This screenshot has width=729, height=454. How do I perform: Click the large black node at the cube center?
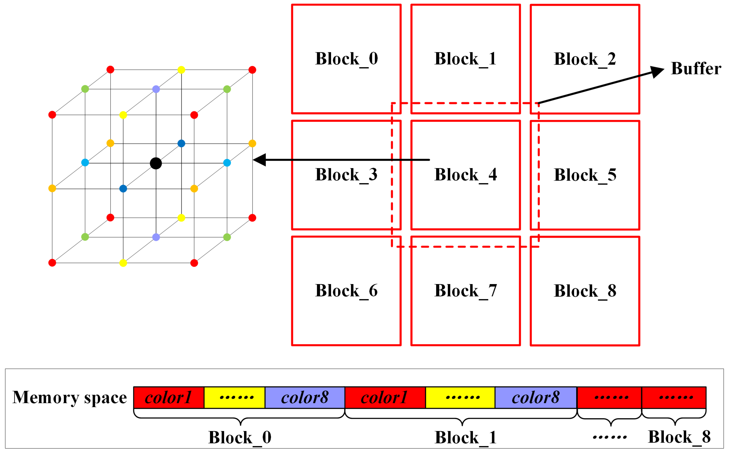[x=156, y=163]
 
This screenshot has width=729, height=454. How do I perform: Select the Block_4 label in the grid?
[x=465, y=175]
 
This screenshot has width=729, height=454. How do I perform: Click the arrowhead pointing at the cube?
[x=260, y=160]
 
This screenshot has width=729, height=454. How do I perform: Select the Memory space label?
[x=70, y=397]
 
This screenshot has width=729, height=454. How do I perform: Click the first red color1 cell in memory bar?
[x=169, y=397]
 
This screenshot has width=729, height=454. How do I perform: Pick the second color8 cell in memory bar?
[x=535, y=397]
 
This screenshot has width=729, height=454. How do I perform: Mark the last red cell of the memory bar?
[x=674, y=397]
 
